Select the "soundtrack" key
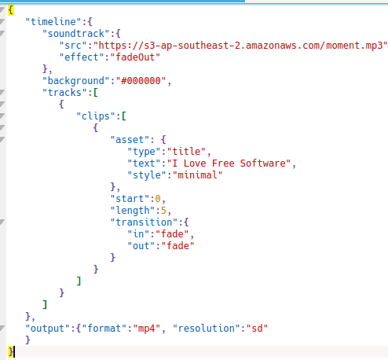point(75,34)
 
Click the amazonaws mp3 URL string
point(240,46)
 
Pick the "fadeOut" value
point(135,57)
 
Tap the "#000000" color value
point(141,81)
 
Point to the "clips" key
point(95,116)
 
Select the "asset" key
point(130,140)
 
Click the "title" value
point(186,152)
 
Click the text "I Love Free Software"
point(229,163)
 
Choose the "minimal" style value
point(197,175)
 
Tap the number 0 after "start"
point(158,199)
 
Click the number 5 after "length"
point(163,211)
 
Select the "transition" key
point(144,222)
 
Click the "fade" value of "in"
point(172,234)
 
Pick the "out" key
point(141,246)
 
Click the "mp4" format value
point(146,329)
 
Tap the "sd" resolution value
point(257,329)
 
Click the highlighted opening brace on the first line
point(11,10)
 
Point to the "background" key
point(75,81)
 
